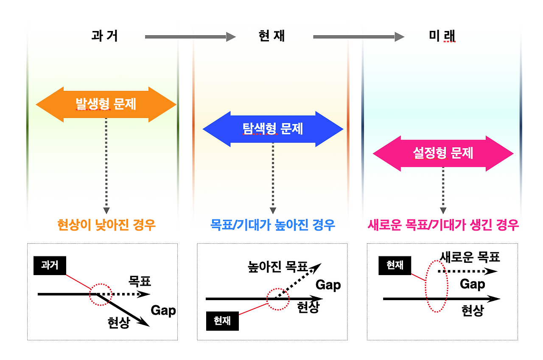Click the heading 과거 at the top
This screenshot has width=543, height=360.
(x=104, y=36)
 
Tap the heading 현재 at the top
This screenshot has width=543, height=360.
(x=271, y=36)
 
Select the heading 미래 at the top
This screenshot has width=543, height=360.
(x=442, y=37)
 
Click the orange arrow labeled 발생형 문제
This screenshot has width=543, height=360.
(x=106, y=104)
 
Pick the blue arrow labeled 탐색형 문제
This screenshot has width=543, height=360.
(x=273, y=129)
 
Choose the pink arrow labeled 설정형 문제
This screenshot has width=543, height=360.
(x=443, y=153)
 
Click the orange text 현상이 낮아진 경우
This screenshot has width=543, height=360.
(x=106, y=225)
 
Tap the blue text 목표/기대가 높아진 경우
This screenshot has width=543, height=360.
(x=273, y=225)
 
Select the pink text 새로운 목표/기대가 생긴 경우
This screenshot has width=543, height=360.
(x=443, y=225)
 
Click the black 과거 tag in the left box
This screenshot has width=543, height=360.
(x=50, y=266)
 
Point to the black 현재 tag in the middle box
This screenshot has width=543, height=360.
(x=222, y=321)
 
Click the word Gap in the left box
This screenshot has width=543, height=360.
(x=163, y=311)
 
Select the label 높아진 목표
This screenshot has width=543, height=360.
(x=277, y=267)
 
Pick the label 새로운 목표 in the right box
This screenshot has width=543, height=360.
(x=470, y=257)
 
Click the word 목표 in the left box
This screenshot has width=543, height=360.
(x=140, y=281)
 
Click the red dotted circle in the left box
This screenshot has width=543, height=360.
(x=100, y=293)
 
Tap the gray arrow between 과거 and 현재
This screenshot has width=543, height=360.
(x=190, y=37)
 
